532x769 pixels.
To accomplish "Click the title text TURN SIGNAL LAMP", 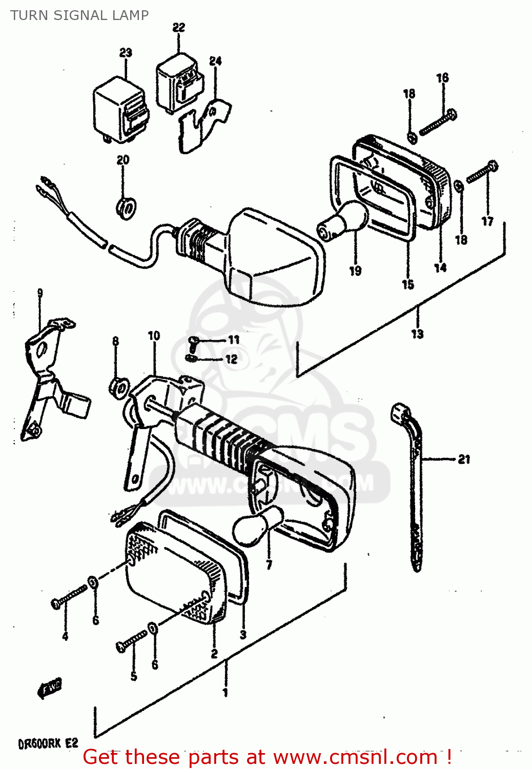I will pos(79,15).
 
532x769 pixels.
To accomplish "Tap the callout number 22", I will pos(178,27).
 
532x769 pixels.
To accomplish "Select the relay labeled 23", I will pos(120,109).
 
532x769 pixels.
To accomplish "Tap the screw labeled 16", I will pos(438,124).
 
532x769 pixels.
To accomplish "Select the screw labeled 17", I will pos(482,172).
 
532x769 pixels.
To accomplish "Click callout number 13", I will pos(417,334).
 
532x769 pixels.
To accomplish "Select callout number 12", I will pos(232,359).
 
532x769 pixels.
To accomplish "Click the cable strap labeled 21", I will pos(413,482).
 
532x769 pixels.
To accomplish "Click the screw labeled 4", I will pos(69,597).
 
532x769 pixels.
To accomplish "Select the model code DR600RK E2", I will pos(47,743).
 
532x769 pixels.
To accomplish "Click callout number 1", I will pos(225,693).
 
